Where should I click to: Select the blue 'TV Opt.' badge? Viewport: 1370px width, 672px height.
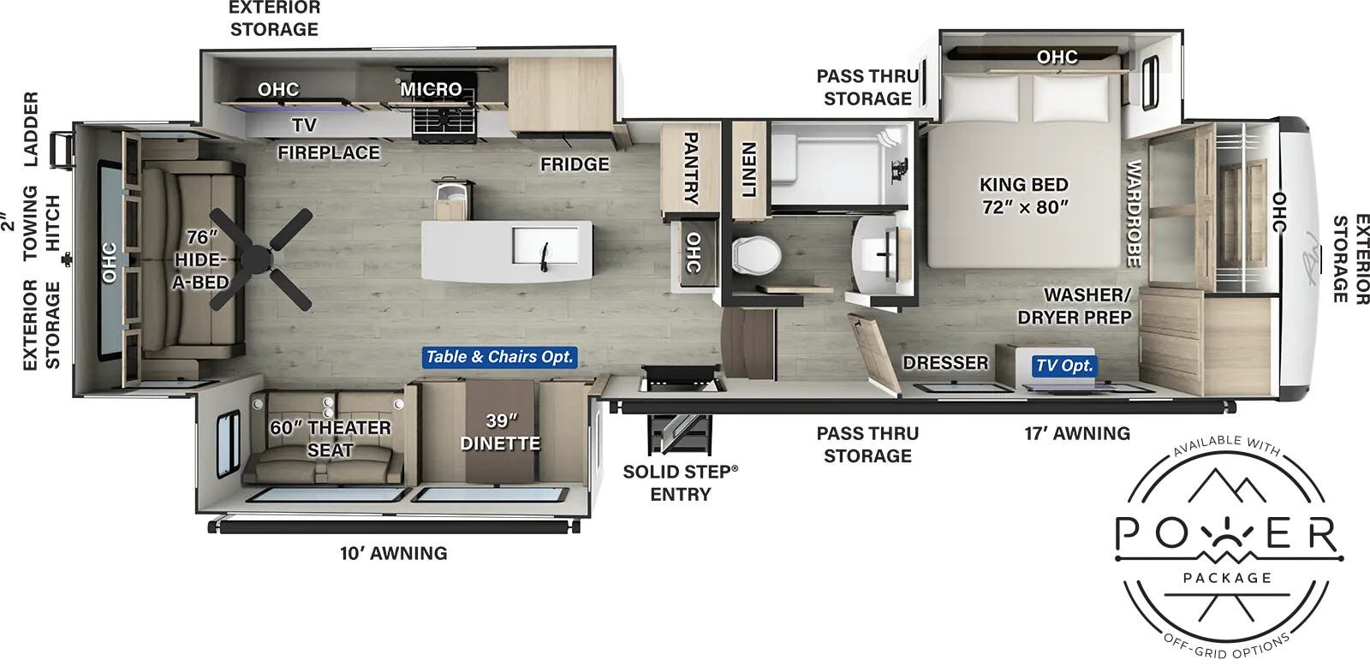tap(1063, 366)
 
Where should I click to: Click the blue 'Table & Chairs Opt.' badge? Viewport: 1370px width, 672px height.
tap(499, 357)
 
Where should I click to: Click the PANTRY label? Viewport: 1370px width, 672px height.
tap(690, 168)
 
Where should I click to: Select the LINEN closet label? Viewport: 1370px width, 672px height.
tap(748, 169)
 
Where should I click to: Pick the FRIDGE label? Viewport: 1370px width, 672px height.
tap(575, 164)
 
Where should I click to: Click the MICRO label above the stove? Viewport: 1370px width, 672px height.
tap(431, 89)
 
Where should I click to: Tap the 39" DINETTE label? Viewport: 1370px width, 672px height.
tap(500, 432)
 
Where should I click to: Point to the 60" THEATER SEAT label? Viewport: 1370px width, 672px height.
tap(331, 438)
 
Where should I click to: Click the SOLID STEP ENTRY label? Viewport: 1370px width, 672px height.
tap(680, 483)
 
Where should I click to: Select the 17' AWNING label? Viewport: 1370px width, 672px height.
tap(1077, 434)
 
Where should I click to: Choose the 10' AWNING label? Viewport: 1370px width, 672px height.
tap(393, 553)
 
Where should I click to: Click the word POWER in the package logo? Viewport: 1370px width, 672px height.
tap(1226, 534)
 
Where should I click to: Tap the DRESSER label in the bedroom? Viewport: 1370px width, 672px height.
tap(945, 363)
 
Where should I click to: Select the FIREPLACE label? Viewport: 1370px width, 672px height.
tap(328, 152)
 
